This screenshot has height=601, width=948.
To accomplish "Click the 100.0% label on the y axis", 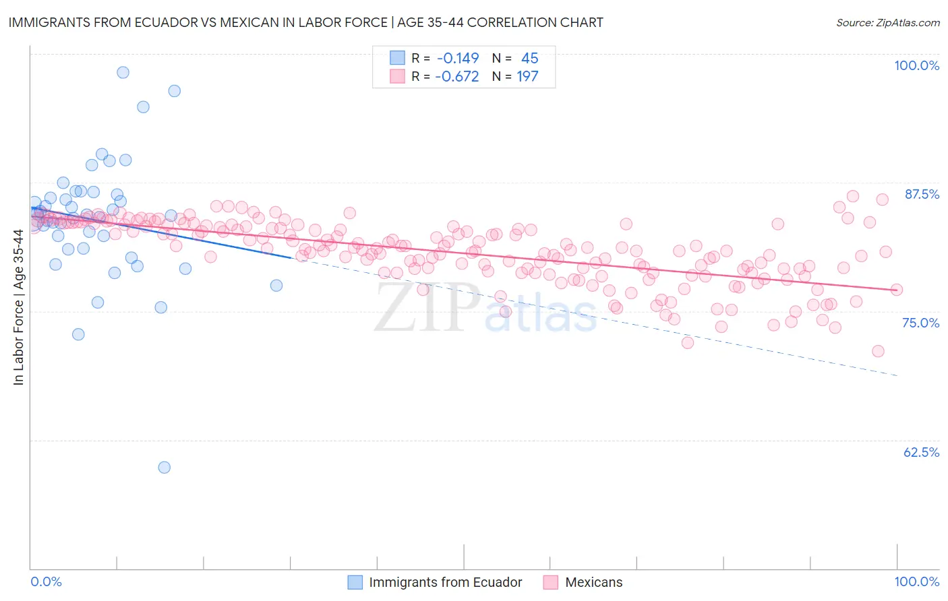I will tap(916, 65).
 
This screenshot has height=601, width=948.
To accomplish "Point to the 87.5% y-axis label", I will tap(921, 194).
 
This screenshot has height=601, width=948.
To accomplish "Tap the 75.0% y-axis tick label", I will tap(920, 323).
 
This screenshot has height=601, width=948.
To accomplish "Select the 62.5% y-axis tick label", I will tap(921, 452).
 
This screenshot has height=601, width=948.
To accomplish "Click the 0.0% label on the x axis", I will tap(46, 581).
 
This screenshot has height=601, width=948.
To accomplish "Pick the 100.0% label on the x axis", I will tap(916, 581).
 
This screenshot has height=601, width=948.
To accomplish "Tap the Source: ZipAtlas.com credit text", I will tap(887, 22).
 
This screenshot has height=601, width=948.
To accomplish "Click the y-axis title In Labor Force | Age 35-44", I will tap(18, 307).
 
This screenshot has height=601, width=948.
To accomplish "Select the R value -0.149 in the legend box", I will tap(457, 59).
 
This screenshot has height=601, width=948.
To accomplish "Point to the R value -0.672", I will tap(457, 77).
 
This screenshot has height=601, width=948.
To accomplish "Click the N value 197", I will tap(527, 77).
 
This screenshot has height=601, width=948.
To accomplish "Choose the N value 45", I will tap(529, 59).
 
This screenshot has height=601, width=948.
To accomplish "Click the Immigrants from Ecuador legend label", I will tap(445, 582).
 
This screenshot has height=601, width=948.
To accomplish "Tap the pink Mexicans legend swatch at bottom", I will tap(550, 582).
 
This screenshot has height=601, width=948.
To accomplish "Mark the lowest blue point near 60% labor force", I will tap(164, 467).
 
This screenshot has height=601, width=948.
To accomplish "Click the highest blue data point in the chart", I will tap(123, 72).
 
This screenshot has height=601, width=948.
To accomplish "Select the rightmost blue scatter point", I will tap(276, 285).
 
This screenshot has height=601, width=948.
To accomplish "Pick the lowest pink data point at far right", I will tap(878, 351).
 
